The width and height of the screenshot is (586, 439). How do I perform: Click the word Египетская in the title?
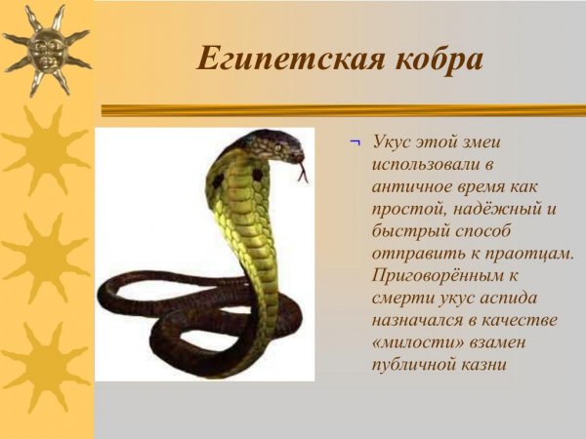pos(274,59)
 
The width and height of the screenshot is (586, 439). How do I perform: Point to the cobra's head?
pos(277,147)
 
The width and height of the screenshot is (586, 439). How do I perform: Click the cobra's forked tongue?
pos(304,174)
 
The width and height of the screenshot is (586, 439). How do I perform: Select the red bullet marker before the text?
pos(355,142)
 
